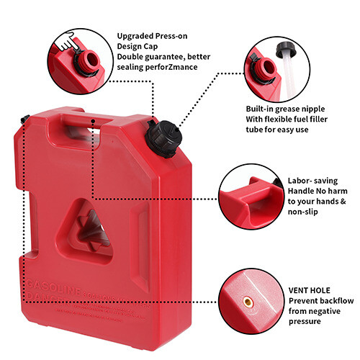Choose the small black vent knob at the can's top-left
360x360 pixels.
point(26,118)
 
